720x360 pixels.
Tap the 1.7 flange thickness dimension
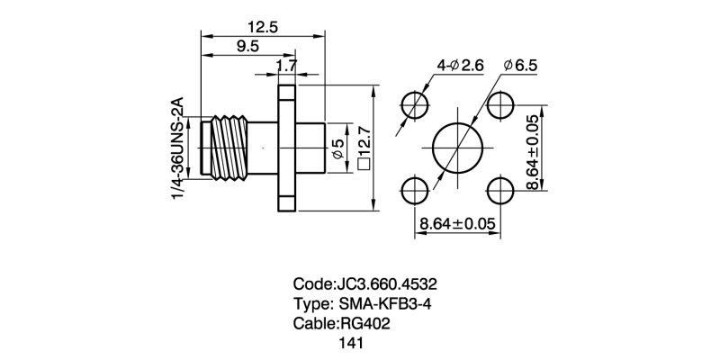pyautogui.click(x=287, y=66)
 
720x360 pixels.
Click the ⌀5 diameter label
pyautogui.click(x=337, y=150)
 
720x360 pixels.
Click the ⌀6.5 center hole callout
pyautogui.click(x=521, y=66)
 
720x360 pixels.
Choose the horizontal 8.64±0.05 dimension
pyautogui.click(x=457, y=222)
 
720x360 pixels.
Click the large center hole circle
pyautogui.click(x=457, y=148)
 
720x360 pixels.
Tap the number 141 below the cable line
pyautogui.click(x=351, y=343)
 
